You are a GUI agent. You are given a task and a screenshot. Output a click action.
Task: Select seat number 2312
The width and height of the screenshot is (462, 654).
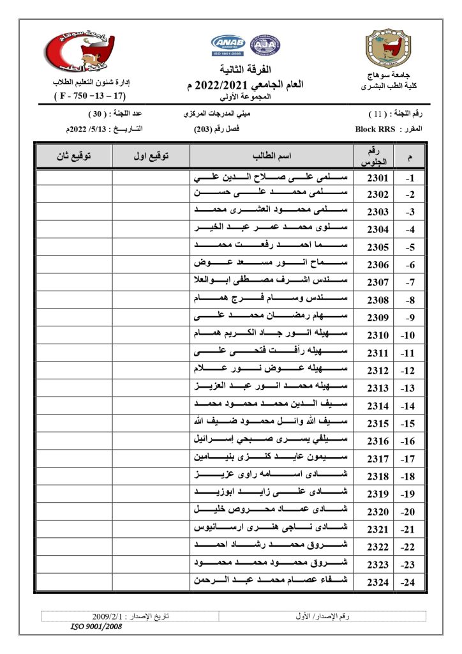coord(377,370)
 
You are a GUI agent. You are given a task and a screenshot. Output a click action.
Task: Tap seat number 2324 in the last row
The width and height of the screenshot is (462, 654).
coord(377,581)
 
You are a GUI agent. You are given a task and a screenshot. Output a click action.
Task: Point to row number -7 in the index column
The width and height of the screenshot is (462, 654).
coord(411,283)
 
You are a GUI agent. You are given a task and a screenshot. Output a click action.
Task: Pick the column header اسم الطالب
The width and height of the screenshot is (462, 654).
coord(272,156)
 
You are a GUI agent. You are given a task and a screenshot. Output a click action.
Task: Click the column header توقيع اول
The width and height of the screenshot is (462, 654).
coord(151,156)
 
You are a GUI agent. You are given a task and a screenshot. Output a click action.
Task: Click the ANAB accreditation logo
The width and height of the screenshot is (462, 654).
coord(228,45)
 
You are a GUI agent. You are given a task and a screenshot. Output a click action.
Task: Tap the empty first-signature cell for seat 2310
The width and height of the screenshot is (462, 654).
coord(151,335)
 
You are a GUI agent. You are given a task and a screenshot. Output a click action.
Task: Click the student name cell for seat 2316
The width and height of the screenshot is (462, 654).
coord(272,441)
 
